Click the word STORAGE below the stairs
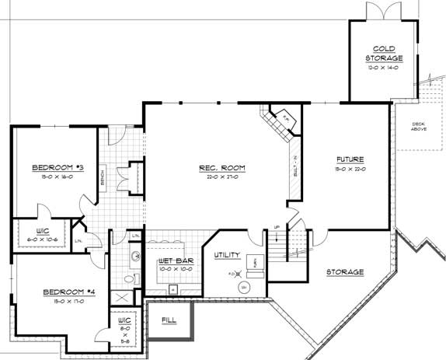click(345, 272)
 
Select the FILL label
click(169, 320)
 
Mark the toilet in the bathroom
click(130, 278)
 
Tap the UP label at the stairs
click(277, 228)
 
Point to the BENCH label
click(103, 179)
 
